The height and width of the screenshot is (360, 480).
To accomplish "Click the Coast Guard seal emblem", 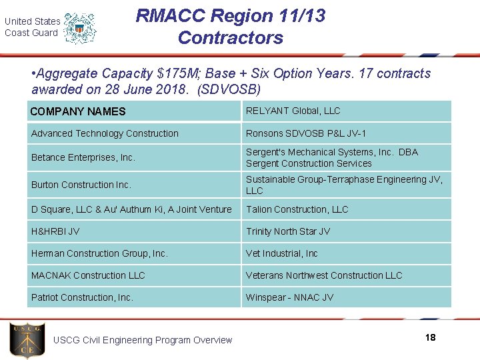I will (80, 27).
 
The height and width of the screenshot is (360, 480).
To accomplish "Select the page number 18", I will (430, 337).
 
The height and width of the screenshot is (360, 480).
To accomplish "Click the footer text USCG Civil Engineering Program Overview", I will (143, 340).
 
